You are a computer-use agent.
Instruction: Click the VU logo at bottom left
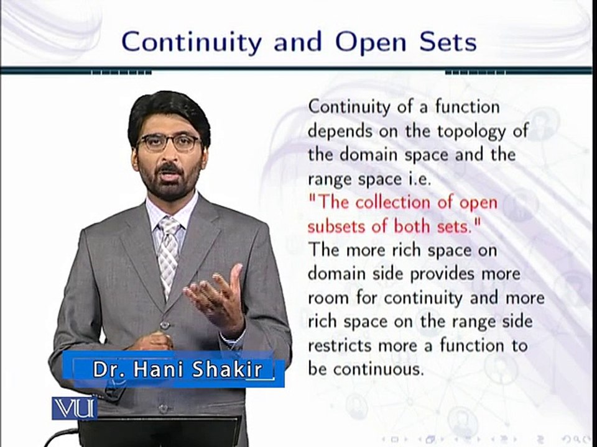pos(74,408)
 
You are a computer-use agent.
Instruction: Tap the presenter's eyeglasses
pos(169,143)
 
